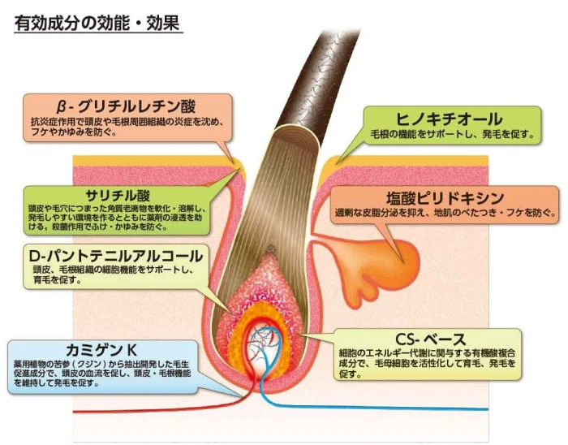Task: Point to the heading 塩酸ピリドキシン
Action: [445, 198]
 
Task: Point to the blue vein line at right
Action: [406, 406]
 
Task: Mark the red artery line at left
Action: [122, 405]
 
